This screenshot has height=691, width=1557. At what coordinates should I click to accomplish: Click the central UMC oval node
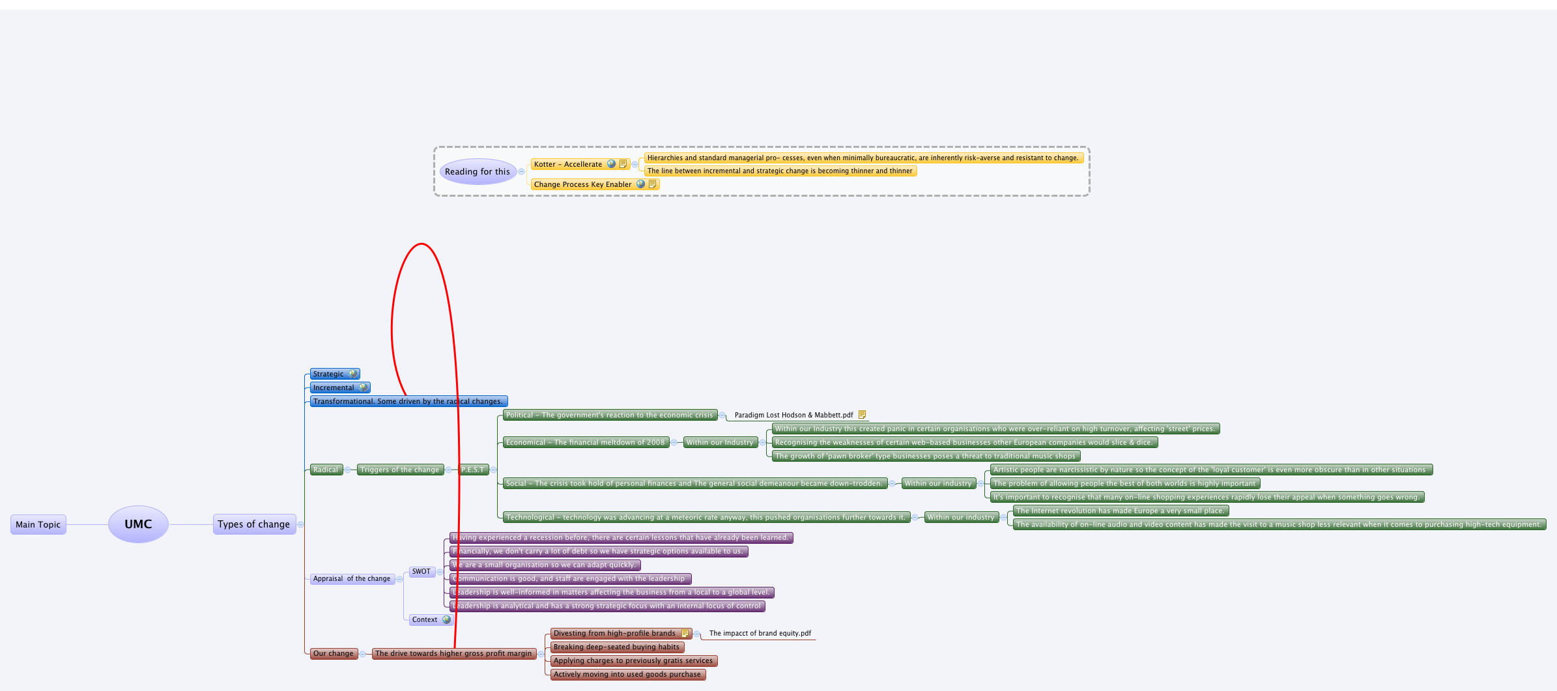[138, 524]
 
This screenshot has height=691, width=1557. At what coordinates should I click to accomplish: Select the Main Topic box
[38, 524]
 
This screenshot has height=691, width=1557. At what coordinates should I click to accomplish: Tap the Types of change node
[253, 524]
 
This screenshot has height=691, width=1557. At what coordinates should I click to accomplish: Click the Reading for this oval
[478, 172]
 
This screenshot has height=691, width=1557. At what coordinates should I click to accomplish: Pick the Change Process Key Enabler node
[582, 184]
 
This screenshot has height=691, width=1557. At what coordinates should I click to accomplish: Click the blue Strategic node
[328, 374]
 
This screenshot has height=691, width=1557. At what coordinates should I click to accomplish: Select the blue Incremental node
[334, 388]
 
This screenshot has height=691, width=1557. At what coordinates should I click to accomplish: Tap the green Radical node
[325, 470]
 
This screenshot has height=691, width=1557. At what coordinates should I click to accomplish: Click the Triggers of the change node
[399, 470]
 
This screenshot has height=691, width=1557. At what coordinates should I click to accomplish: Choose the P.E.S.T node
[474, 470]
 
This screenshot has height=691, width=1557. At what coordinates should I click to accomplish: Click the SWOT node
[421, 572]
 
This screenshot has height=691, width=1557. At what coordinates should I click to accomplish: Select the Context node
[425, 619]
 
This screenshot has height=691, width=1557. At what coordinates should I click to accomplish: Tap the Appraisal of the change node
[352, 578]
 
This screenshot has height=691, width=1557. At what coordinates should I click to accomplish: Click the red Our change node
[333, 653]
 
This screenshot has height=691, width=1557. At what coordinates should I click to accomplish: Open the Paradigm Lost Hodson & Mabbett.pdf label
[793, 415]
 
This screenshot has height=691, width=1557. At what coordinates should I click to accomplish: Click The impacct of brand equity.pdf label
[760, 633]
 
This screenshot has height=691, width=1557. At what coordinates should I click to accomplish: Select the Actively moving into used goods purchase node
[627, 674]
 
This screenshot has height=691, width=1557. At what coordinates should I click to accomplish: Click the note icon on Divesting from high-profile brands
[685, 633]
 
